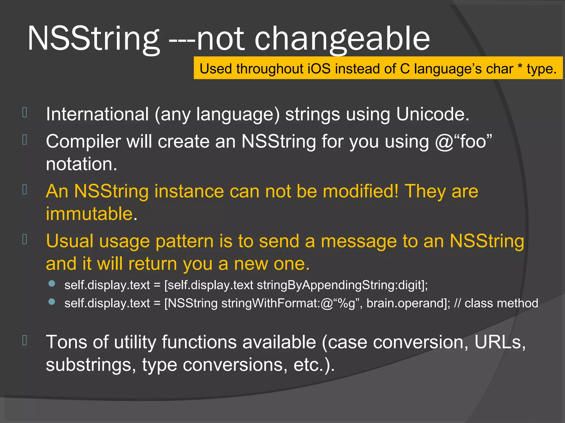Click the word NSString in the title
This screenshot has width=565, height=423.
coord(94,39)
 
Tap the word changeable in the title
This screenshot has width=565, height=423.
coord(342,39)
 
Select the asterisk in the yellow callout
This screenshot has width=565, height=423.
coord(520,67)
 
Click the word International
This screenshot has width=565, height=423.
coord(97,114)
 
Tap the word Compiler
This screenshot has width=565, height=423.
coord(83,142)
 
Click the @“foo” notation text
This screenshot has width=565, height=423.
coord(463,142)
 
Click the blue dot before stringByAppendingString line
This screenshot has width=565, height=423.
coord(52,284)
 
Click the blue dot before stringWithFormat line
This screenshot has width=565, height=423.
coord(52,302)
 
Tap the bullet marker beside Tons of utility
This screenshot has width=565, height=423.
coord(25,340)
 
